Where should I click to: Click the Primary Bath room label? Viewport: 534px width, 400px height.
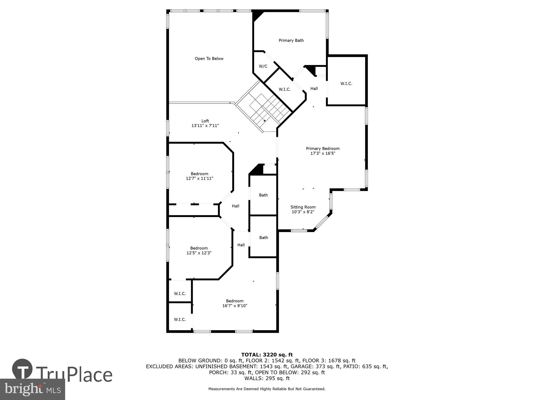tap(291, 41)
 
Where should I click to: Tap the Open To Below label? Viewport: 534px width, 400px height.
tap(209, 59)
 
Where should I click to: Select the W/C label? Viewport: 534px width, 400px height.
tap(263, 66)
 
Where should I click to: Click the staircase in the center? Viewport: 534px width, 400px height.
tap(264, 108)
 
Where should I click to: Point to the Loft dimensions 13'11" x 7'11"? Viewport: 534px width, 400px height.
tap(205, 126)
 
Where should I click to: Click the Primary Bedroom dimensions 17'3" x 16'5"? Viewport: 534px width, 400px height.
tap(323, 153)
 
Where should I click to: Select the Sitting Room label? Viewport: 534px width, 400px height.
tap(303, 207)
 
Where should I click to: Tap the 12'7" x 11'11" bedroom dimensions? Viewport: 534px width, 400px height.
tap(199, 178)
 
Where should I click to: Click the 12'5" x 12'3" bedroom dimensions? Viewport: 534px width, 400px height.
tap(199, 253)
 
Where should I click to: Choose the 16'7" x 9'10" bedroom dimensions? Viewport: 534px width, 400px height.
tap(235, 306)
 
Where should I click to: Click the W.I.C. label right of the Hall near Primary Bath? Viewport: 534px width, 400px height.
tap(346, 84)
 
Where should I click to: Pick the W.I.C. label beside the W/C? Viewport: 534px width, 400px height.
tap(285, 90)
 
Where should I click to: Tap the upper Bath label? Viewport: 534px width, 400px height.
tap(263, 195)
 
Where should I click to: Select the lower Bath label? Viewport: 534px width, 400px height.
tap(264, 238)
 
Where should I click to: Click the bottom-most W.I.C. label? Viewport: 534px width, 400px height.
tap(180, 319)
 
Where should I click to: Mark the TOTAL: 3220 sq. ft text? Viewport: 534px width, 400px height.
tap(267, 355)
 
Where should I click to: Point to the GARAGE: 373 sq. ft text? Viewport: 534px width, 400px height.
tap(316, 366)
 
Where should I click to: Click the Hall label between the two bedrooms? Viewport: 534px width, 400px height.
tap(235, 206)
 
